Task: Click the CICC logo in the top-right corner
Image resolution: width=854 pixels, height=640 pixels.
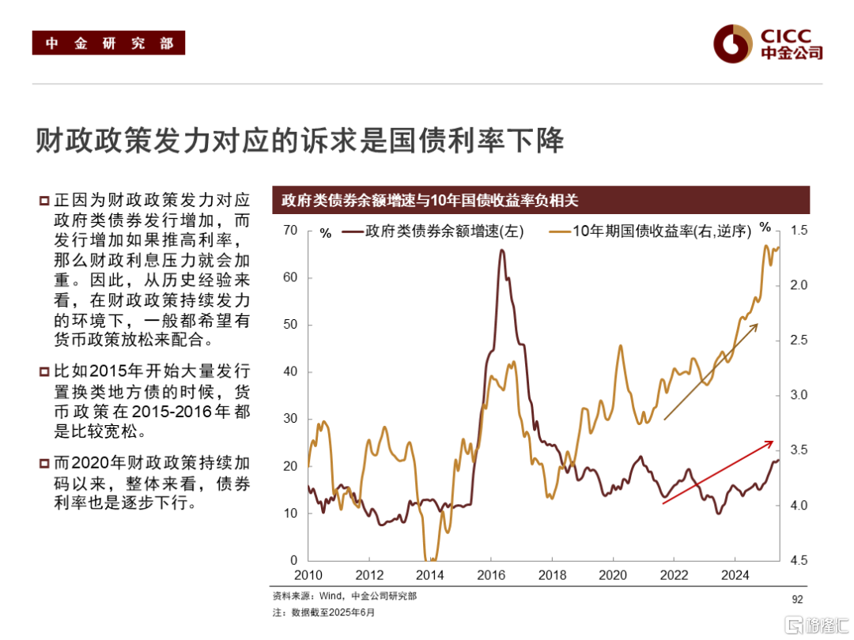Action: pyautogui.click(x=767, y=43)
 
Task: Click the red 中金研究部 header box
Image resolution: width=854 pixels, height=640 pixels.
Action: pyautogui.click(x=108, y=43)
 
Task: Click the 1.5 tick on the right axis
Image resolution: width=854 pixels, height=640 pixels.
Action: pyautogui.click(x=798, y=231)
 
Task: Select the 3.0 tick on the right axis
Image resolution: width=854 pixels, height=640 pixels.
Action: pyautogui.click(x=798, y=395)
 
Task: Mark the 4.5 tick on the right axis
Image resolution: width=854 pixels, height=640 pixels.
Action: pyautogui.click(x=798, y=560)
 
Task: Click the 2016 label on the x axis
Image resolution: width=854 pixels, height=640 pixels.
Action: pyautogui.click(x=490, y=576)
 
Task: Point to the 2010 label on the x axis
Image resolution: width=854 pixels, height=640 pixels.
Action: pyautogui.click(x=308, y=576)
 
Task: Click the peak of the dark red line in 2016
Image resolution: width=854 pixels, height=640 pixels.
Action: pyautogui.click(x=502, y=251)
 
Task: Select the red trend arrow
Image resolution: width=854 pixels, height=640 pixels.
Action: pyautogui.click(x=717, y=472)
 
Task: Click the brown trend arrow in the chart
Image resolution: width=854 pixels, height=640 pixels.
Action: pyautogui.click(x=710, y=371)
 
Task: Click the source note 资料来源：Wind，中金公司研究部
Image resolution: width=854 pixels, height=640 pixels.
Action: pyautogui.click(x=344, y=596)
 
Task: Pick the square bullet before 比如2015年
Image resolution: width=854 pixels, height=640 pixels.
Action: pyautogui.click(x=44, y=371)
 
